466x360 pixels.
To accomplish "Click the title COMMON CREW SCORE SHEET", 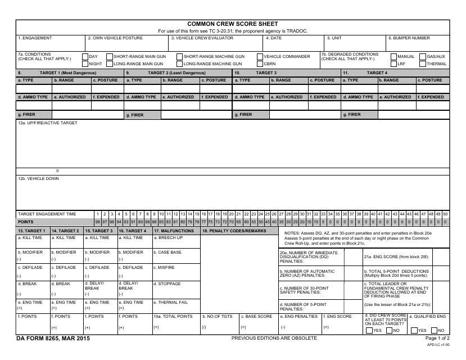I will pyautogui.click(x=232, y=24).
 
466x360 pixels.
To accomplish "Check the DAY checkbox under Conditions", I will pyautogui.click(x=85, y=57).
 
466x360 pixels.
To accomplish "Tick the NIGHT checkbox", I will pyautogui.click(x=85, y=64).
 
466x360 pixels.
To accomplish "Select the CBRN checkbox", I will pyautogui.click(x=260, y=64).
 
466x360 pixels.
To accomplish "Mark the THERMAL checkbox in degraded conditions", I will pyautogui.click(x=422, y=64).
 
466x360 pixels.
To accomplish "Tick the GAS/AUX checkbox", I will pyautogui.click(x=422, y=57).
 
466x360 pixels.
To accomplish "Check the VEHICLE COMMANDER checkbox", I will pyautogui.click(x=260, y=57).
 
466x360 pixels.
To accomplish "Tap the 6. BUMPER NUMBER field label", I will pyautogui.click(x=409, y=38).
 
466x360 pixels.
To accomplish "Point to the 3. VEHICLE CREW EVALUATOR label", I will pyautogui.click(x=198, y=38).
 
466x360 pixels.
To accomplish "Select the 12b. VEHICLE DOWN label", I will pyautogui.click(x=38, y=178).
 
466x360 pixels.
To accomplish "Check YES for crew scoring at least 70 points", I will pyautogui.click(x=369, y=330).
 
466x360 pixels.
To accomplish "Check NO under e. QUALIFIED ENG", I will pyautogui.click(x=434, y=330).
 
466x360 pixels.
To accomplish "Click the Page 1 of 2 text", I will pyautogui.click(x=438, y=338).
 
